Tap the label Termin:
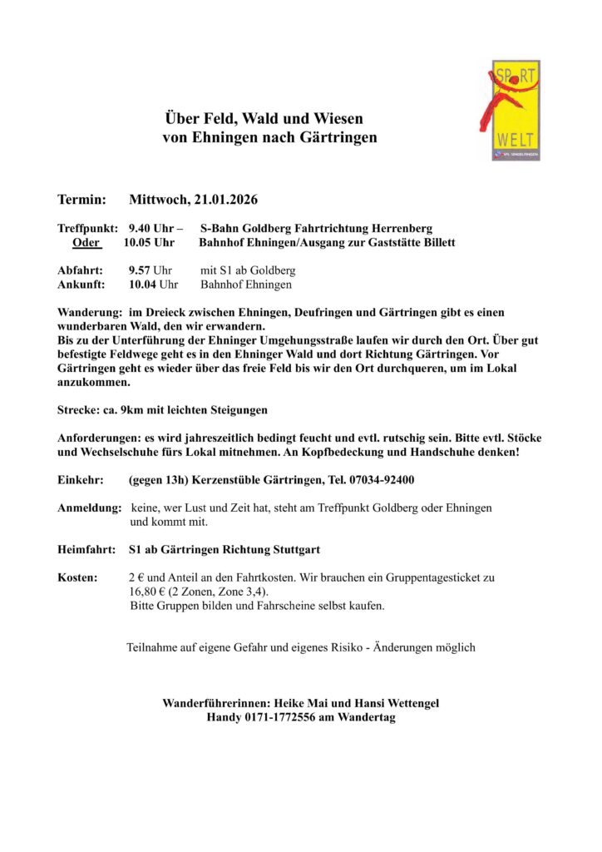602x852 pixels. click(81, 200)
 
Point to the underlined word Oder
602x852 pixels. click(86, 242)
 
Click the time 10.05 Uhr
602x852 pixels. click(149, 242)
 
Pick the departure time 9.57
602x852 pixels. click(139, 270)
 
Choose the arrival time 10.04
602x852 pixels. click(141, 285)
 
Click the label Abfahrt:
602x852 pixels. click(81, 270)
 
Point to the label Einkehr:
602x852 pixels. click(80, 480)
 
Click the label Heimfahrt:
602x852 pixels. click(87, 550)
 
